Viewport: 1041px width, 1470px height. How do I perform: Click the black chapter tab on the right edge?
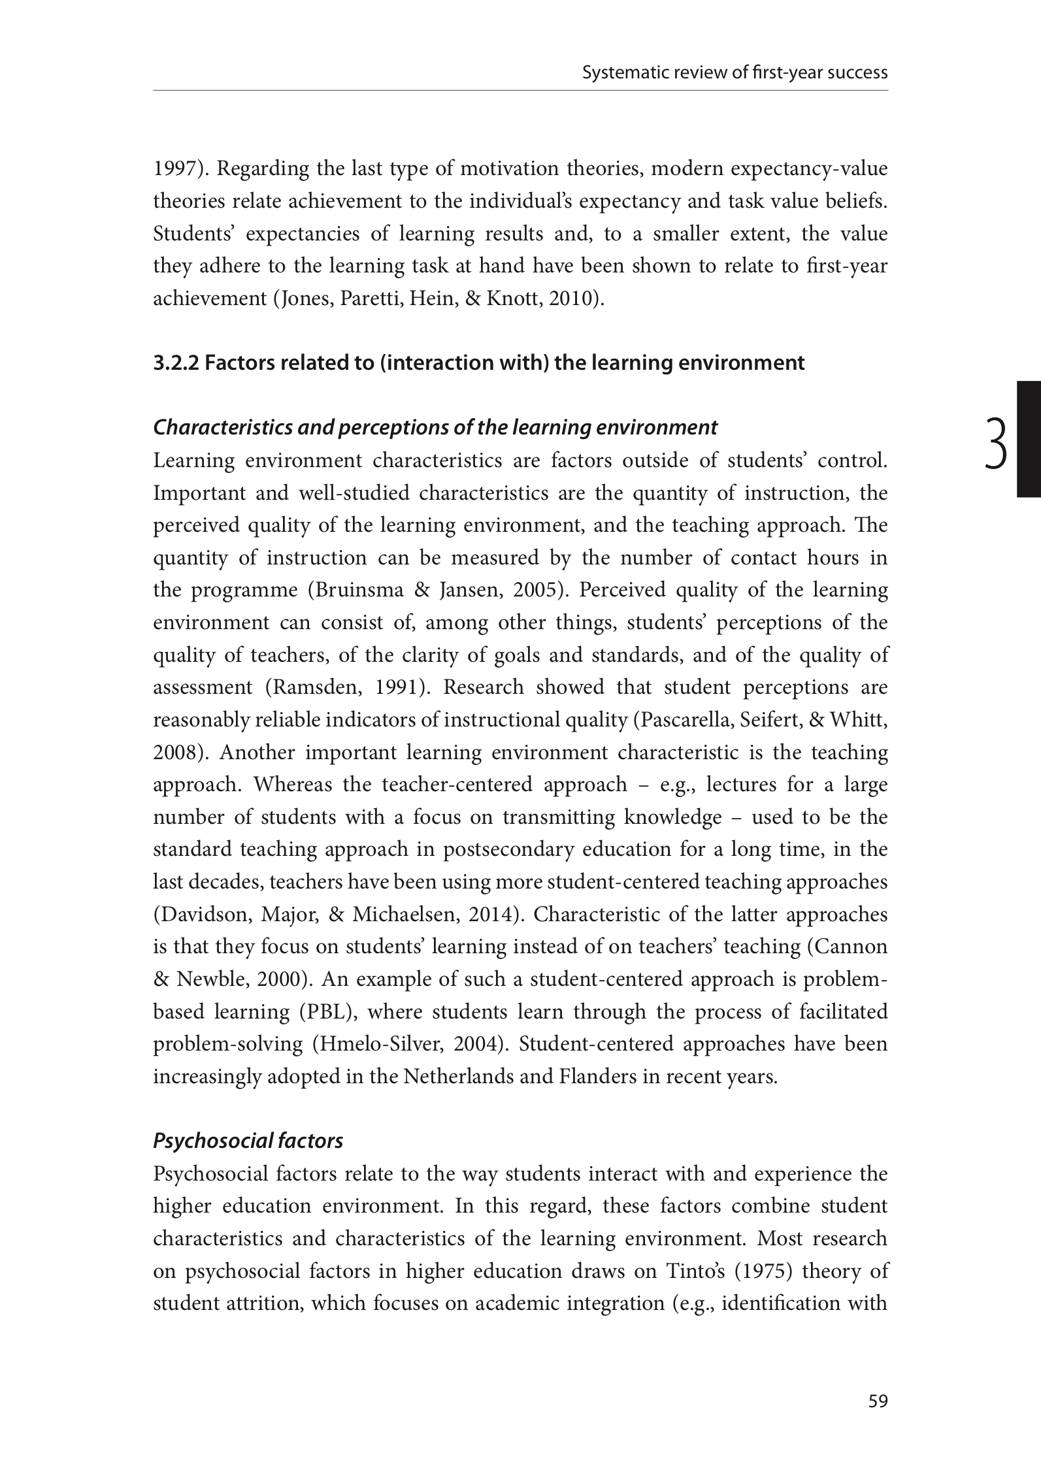(x=1029, y=440)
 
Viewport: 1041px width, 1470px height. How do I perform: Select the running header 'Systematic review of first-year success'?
(x=735, y=73)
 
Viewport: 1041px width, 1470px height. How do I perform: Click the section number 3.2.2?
(x=176, y=363)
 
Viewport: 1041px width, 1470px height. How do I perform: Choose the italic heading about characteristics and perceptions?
(x=435, y=427)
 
